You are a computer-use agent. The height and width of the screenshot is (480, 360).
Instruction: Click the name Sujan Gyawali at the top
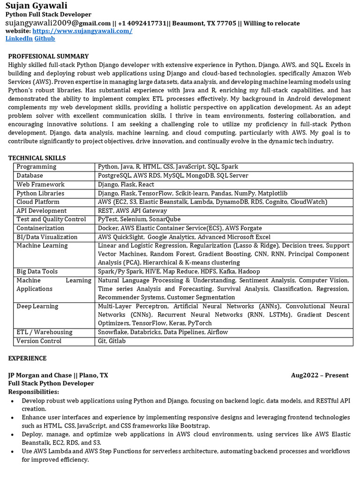[x=36, y=6]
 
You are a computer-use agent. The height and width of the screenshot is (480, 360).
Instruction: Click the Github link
[x=45, y=38]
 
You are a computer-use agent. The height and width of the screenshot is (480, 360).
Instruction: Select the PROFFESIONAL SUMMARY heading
[x=48, y=56]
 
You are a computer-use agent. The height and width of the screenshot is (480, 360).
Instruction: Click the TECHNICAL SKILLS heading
[x=37, y=158]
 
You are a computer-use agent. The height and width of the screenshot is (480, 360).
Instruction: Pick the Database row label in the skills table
[x=30, y=175]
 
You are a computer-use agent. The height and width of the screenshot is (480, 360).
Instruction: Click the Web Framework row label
[x=40, y=184]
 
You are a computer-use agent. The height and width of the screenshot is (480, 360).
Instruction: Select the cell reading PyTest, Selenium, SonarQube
[x=132, y=219]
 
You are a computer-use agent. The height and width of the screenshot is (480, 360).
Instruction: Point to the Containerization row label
[x=40, y=228]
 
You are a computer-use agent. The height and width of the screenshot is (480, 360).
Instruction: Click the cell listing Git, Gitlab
[x=112, y=341]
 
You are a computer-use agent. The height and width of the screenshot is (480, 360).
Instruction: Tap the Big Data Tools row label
[x=37, y=271]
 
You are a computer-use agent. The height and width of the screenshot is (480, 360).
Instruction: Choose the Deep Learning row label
[x=37, y=307]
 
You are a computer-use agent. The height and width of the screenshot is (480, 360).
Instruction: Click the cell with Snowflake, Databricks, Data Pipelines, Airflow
[x=163, y=332]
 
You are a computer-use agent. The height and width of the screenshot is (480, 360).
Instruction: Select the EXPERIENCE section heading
[x=27, y=359]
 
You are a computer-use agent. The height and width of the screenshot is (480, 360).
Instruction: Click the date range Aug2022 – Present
[x=319, y=375]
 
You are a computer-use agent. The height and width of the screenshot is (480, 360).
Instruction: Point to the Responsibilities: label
[x=34, y=392]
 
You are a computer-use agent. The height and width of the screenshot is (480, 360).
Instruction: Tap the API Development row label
[x=41, y=210]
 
